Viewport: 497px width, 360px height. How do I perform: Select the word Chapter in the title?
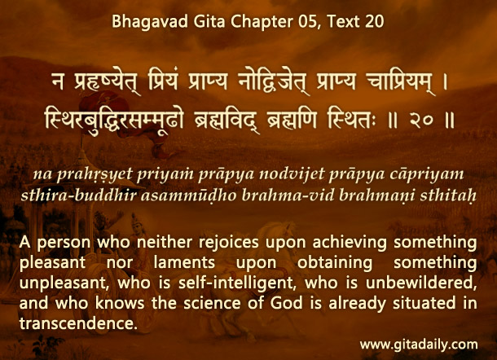click(262, 22)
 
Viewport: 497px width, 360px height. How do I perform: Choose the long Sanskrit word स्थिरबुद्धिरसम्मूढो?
click(114, 121)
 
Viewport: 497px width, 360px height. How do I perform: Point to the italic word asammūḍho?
click(188, 195)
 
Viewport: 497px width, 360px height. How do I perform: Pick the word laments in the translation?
click(184, 263)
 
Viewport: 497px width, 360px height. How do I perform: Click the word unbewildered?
click(421, 283)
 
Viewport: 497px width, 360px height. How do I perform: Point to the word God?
click(287, 303)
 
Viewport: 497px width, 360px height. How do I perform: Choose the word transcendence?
click(78, 323)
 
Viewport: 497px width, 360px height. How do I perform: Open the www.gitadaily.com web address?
click(419, 345)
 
